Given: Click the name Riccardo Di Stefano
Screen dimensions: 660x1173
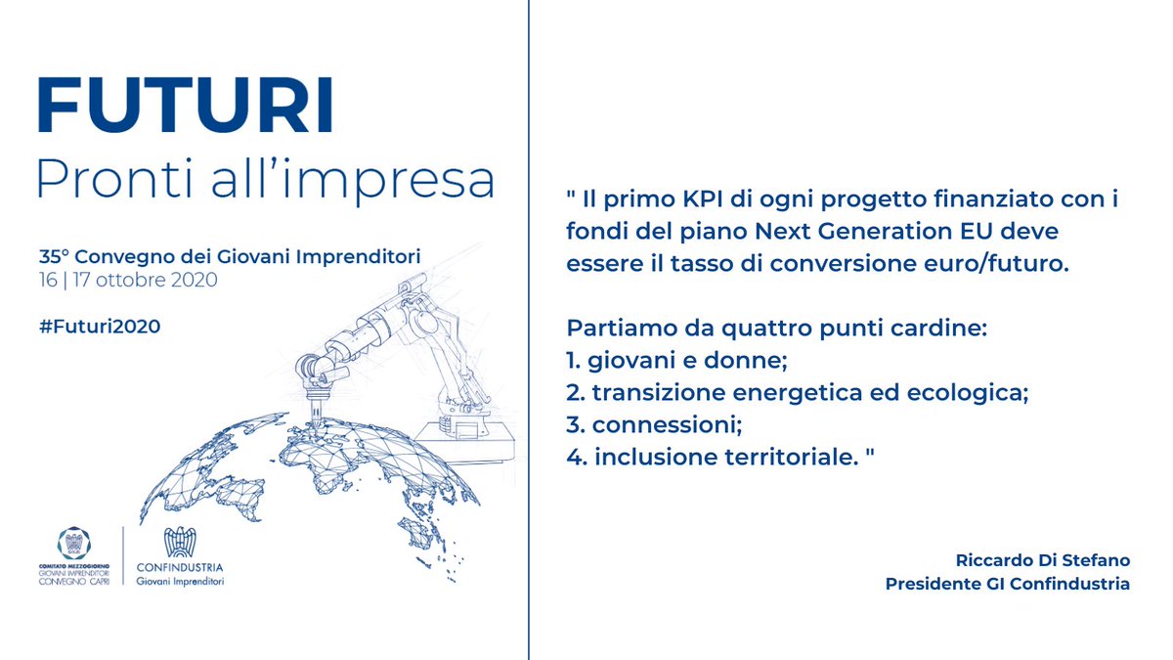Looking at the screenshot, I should (1042, 560).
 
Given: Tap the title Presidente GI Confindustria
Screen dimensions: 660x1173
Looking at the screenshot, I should (1007, 584).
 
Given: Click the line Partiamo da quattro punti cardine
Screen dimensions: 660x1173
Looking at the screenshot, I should (777, 330).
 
